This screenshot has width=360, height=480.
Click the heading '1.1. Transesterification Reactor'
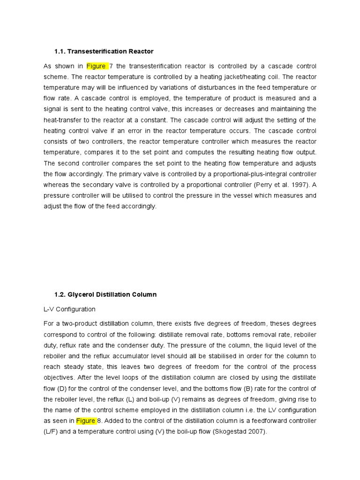click(x=104, y=51)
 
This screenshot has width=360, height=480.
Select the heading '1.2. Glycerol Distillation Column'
click(x=105, y=295)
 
